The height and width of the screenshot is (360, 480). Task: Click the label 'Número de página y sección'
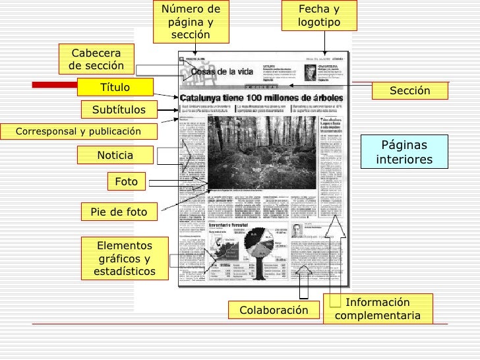192,22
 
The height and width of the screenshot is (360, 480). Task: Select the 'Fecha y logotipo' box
318,16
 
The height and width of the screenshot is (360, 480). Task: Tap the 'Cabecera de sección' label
96,59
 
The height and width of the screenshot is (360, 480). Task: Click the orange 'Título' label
115,88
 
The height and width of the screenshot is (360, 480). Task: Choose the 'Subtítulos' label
119,109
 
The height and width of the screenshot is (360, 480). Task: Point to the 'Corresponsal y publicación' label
79,131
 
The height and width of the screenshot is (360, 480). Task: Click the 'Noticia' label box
115,155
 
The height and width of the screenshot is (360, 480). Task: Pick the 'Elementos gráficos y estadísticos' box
125,258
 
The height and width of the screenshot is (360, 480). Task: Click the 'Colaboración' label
274,310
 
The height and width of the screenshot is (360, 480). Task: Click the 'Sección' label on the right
409,91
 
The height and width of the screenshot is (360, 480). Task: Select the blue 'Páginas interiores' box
404,153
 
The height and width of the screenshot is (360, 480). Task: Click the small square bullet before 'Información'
336,301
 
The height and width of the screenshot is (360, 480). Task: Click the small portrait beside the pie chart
297,230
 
